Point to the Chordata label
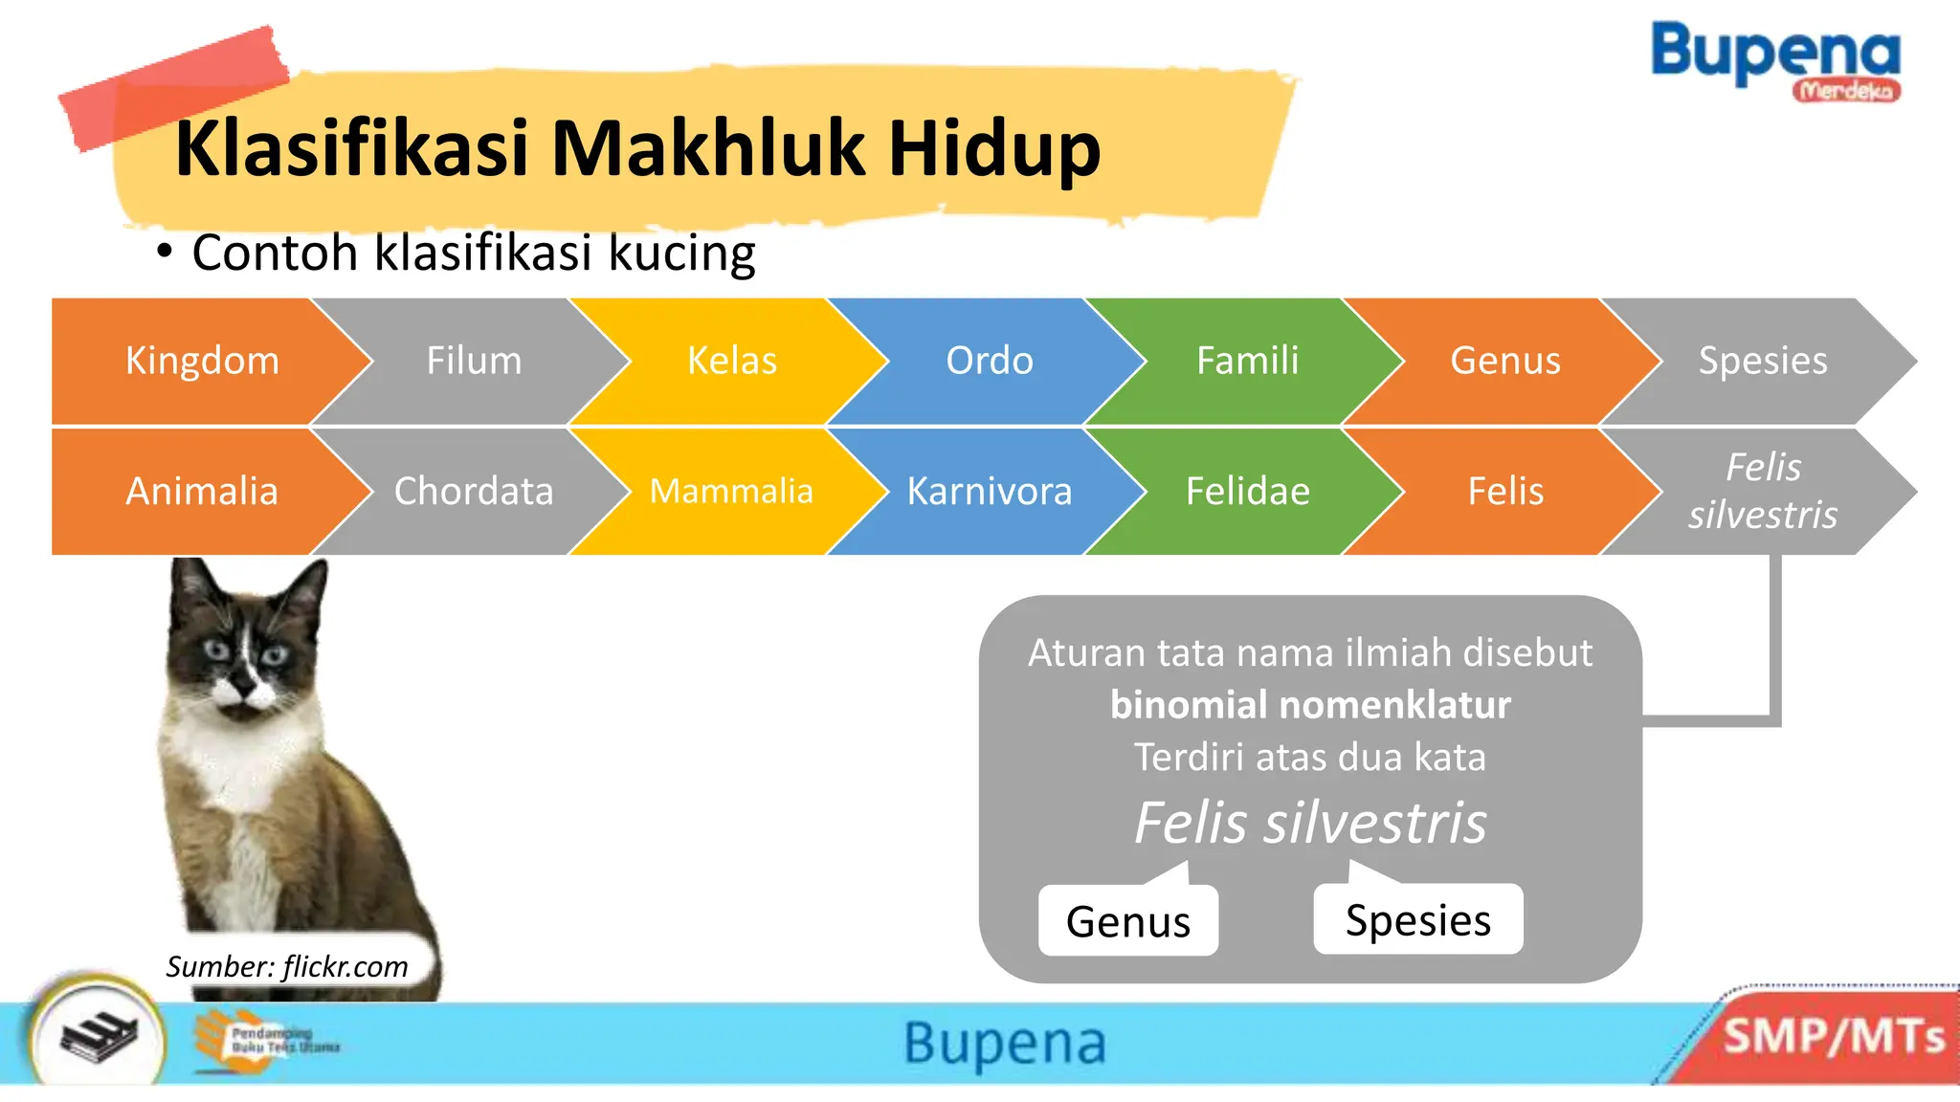tap(474, 491)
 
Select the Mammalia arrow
tap(731, 491)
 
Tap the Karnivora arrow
tap(990, 491)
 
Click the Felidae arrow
tap(1247, 491)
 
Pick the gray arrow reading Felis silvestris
tap(1762, 491)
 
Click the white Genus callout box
tap(1127, 921)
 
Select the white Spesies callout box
tap(1417, 919)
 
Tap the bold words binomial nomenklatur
tap(1310, 705)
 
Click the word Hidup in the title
tap(994, 149)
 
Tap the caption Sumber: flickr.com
tap(287, 966)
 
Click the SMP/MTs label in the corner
tap(1834, 1037)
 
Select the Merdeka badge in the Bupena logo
tap(1846, 91)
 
